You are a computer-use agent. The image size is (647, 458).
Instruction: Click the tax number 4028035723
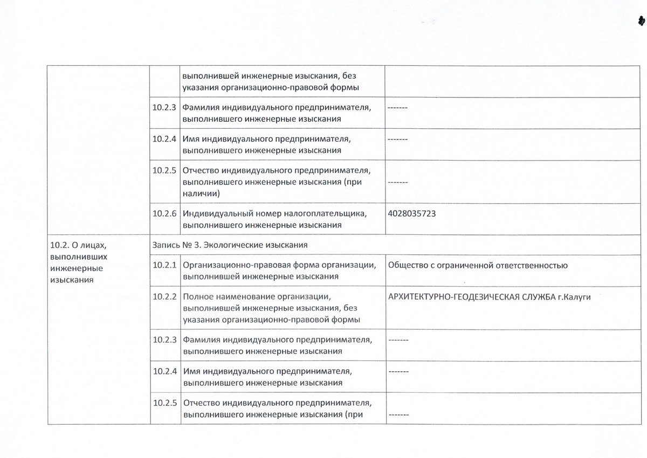coord(411,213)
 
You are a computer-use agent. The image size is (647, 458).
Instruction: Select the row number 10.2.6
coord(165,213)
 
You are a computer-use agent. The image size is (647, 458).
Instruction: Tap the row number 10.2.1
coord(165,265)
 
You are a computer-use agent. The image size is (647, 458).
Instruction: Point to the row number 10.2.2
coord(165,296)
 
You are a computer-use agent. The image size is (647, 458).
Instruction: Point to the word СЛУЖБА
coord(536,296)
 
